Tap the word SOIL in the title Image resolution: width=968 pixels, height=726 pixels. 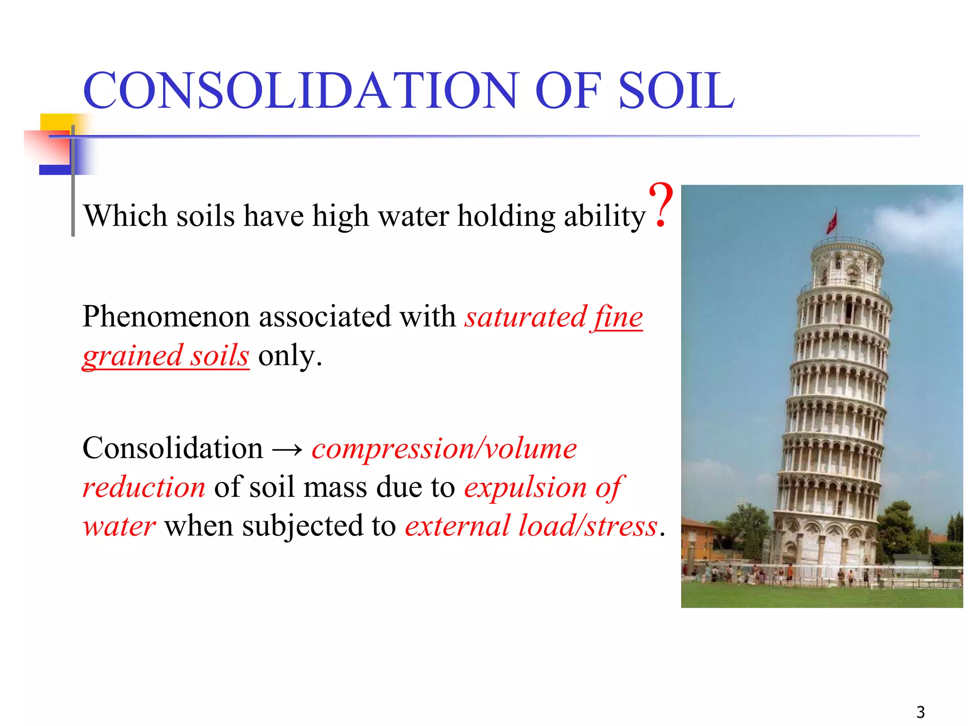tap(676, 91)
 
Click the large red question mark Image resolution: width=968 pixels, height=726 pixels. tap(661, 206)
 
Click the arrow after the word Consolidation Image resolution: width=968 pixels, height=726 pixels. tap(287, 449)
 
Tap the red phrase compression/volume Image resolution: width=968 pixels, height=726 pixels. tap(444, 449)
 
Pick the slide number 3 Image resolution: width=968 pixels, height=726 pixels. tap(920, 712)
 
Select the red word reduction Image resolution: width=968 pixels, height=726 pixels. tap(144, 488)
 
